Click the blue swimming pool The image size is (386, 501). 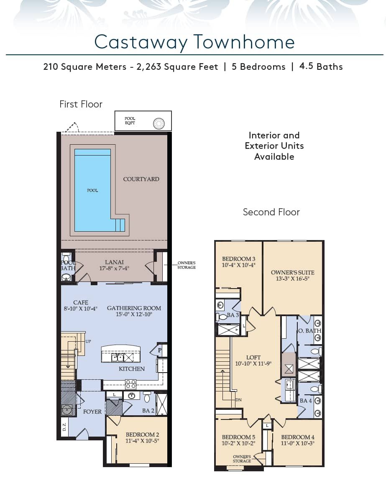[92, 190]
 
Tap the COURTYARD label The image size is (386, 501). [141, 179]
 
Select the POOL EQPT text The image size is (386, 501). [130, 120]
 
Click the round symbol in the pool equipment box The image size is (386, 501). [159, 123]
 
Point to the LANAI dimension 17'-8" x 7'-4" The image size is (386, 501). [114, 268]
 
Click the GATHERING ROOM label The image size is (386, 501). [134, 308]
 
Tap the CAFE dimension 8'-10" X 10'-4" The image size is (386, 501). [81, 309]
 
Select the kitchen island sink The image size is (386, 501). [117, 358]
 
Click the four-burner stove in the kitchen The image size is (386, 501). [131, 384]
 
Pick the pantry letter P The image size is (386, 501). [160, 350]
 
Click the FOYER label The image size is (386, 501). [92, 412]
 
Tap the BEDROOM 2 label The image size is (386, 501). [142, 435]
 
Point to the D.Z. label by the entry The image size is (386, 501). [64, 427]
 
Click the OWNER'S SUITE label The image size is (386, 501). [293, 273]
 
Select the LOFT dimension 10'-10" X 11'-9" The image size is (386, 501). [253, 363]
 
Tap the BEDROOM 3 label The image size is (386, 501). [239, 259]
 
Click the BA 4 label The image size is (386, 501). [306, 401]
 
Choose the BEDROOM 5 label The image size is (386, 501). [239, 437]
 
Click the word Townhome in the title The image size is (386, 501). [244, 42]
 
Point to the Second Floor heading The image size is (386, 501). [271, 212]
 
